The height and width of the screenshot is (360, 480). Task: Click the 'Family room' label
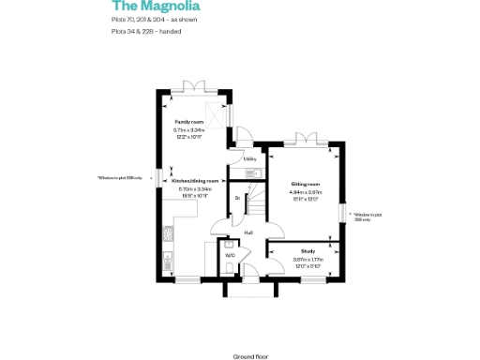click(x=188, y=122)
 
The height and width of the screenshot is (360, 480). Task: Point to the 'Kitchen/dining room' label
click(x=195, y=180)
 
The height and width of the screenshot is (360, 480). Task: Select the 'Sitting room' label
click(x=307, y=185)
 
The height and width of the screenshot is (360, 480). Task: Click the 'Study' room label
click(x=307, y=251)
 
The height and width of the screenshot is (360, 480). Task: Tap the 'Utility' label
click(x=250, y=159)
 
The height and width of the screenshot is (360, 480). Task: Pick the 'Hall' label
click(x=248, y=232)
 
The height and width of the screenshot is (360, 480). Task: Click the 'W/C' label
click(x=230, y=254)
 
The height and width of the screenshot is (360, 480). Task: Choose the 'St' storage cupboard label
click(x=237, y=199)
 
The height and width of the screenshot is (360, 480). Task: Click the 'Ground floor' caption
click(x=250, y=331)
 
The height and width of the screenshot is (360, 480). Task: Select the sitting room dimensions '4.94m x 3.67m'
click(x=307, y=192)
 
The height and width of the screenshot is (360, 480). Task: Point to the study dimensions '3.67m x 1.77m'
click(x=307, y=259)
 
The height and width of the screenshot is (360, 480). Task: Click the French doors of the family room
click(x=196, y=87)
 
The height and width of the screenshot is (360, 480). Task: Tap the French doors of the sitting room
click(x=306, y=141)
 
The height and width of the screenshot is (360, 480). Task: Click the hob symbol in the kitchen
click(x=166, y=256)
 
